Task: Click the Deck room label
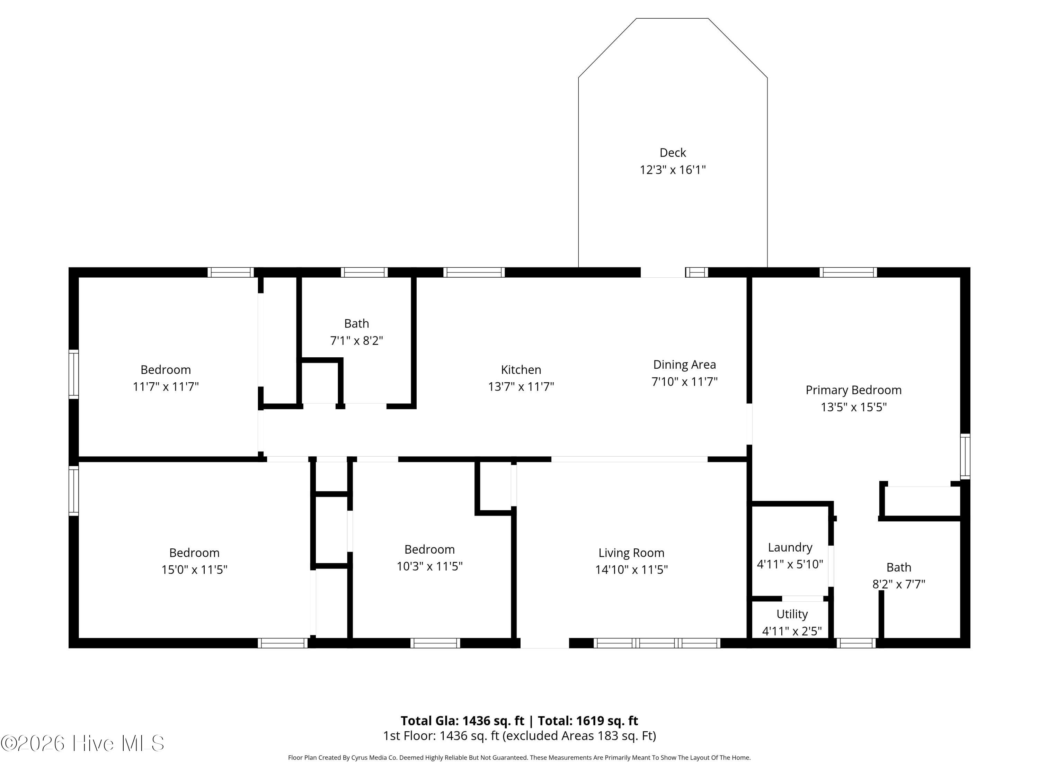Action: point(673,153)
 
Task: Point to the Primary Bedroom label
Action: point(853,390)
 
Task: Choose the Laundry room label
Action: point(790,547)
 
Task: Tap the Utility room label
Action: point(792,614)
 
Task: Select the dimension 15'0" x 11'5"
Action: point(194,570)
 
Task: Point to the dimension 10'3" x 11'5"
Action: point(429,566)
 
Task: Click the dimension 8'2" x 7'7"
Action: point(898,584)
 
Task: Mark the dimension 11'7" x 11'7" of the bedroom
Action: point(166,386)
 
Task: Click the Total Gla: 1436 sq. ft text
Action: point(462,721)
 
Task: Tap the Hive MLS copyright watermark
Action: point(83,743)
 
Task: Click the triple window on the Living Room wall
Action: point(657,643)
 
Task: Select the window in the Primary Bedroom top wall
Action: point(848,272)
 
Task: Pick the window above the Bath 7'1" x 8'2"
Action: point(364,272)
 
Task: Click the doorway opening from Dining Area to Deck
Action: point(663,272)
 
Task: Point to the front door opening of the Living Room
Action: point(545,643)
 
